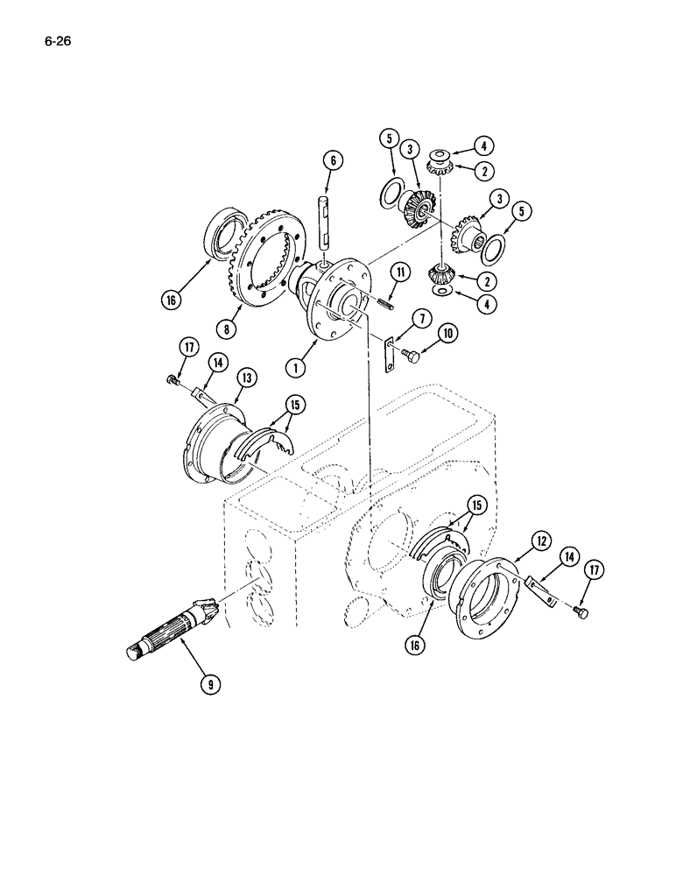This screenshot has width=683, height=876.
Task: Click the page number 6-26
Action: (54, 39)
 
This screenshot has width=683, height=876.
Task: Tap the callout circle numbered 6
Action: (331, 160)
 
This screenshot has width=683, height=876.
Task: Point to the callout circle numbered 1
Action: (299, 368)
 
